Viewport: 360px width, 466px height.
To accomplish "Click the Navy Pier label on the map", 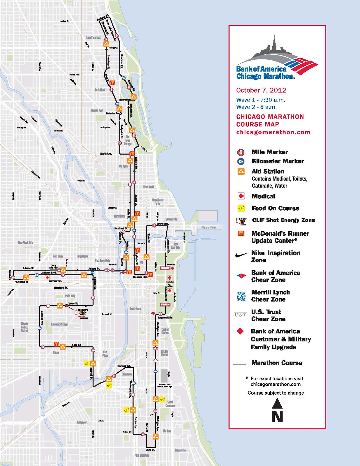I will (x=209, y=227).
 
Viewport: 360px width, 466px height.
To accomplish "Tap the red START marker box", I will (x=165, y=268).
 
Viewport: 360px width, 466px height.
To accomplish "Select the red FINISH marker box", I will (x=165, y=304).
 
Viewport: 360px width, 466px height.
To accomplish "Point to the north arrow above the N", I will (x=277, y=404).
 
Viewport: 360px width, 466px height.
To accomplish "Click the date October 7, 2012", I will (x=261, y=90).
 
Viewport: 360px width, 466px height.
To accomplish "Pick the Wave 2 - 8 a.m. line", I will (x=256, y=107).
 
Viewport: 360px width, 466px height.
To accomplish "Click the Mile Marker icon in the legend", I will (x=241, y=152).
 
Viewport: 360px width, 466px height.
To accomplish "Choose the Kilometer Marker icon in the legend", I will (x=241, y=161).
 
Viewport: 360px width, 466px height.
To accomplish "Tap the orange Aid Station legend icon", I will (x=241, y=172).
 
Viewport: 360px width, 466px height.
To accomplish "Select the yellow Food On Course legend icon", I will (x=241, y=208).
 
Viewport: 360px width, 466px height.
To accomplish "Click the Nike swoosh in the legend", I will (x=241, y=255).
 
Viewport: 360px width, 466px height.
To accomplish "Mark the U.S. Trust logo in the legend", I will (x=241, y=315).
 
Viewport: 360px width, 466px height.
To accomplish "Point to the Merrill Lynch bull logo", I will (x=241, y=296).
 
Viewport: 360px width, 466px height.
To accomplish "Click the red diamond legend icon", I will (x=240, y=331).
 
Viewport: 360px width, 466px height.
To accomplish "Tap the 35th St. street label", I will (x=150, y=450).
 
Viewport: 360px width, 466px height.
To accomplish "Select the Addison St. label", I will (x=103, y=17).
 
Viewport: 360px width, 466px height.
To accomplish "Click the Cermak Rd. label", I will (x=124, y=366).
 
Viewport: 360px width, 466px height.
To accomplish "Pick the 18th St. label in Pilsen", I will (x=77, y=345).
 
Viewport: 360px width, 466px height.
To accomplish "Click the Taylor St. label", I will (x=73, y=303).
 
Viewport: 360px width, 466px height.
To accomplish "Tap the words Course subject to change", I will (x=276, y=393).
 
